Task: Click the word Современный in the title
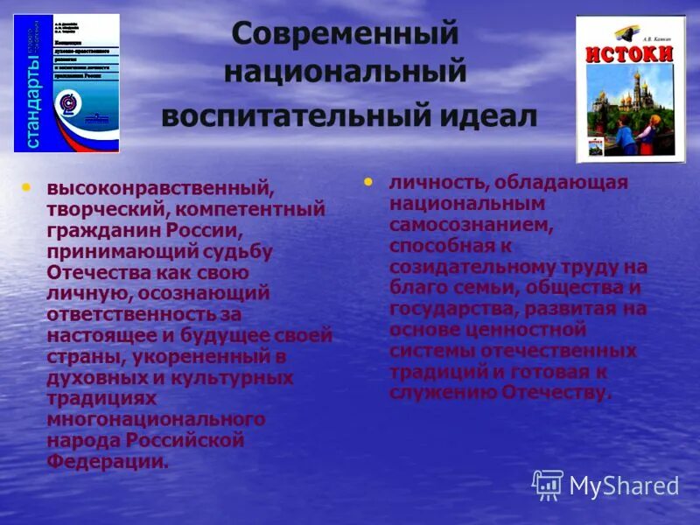(346, 35)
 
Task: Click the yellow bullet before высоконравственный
(26, 186)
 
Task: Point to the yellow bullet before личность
(368, 182)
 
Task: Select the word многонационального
(156, 418)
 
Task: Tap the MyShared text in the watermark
(624, 486)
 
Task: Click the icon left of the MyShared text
(548, 485)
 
